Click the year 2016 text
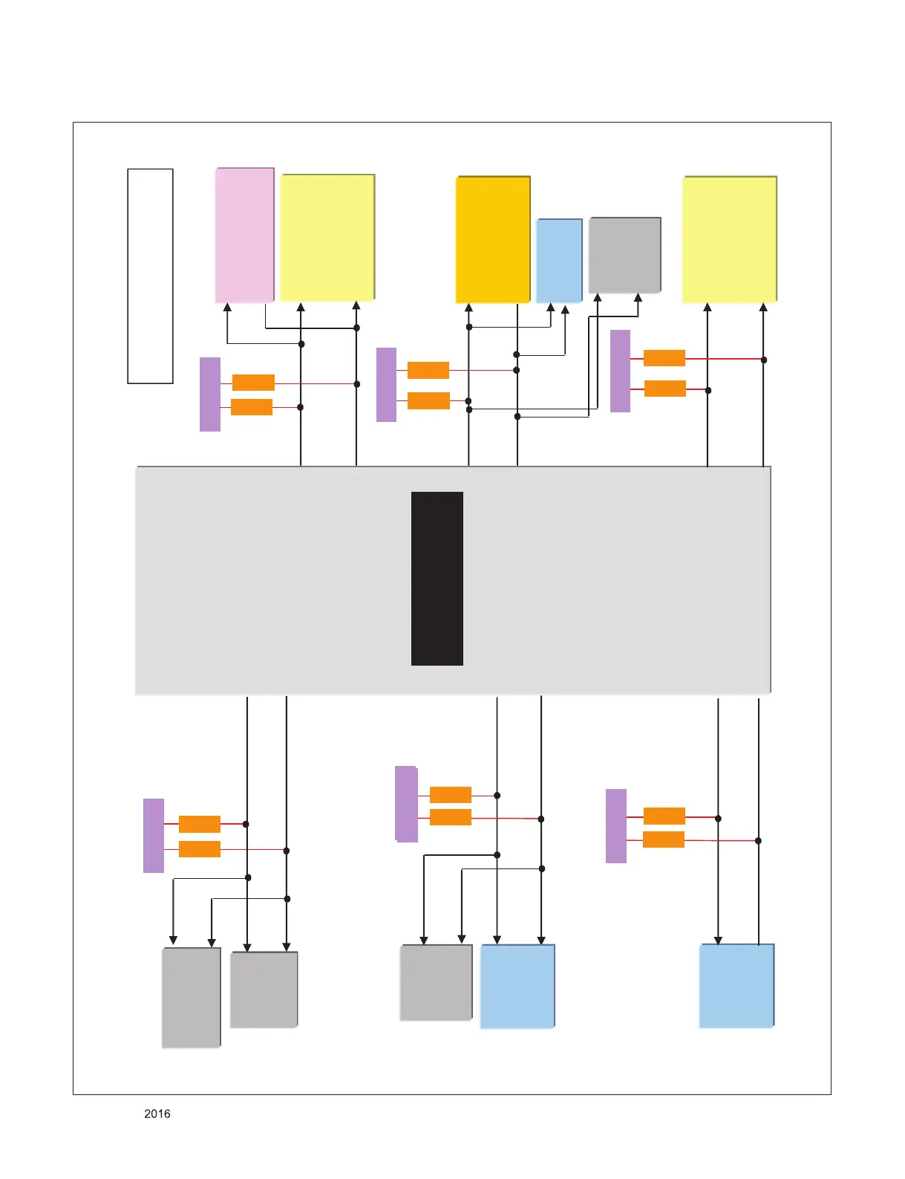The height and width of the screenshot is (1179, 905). (157, 1114)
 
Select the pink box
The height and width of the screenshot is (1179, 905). (244, 235)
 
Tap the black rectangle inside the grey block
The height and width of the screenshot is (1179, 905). (437, 578)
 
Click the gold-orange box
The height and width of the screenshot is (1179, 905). (492, 239)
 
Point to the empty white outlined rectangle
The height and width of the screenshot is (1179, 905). (150, 276)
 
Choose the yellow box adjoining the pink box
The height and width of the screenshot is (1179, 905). (327, 238)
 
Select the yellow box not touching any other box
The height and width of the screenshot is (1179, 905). (729, 239)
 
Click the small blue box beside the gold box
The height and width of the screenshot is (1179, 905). (559, 260)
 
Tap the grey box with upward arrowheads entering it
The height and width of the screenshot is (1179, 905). (624, 255)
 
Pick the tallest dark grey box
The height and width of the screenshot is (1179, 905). (191, 997)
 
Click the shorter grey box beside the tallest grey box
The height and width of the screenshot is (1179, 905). (264, 990)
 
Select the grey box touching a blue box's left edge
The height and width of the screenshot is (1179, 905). (436, 982)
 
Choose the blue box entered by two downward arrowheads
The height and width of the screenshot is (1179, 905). (517, 986)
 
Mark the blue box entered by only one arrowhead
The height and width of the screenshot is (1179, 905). (736, 986)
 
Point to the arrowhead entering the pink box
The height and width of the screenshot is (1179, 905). (227, 307)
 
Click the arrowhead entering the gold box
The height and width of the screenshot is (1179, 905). (469, 307)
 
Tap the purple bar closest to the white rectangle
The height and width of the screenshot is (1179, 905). (210, 394)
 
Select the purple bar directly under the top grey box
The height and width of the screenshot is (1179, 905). (620, 371)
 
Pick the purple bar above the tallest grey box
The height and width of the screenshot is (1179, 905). (154, 835)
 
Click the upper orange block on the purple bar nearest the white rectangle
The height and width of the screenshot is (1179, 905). (253, 383)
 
